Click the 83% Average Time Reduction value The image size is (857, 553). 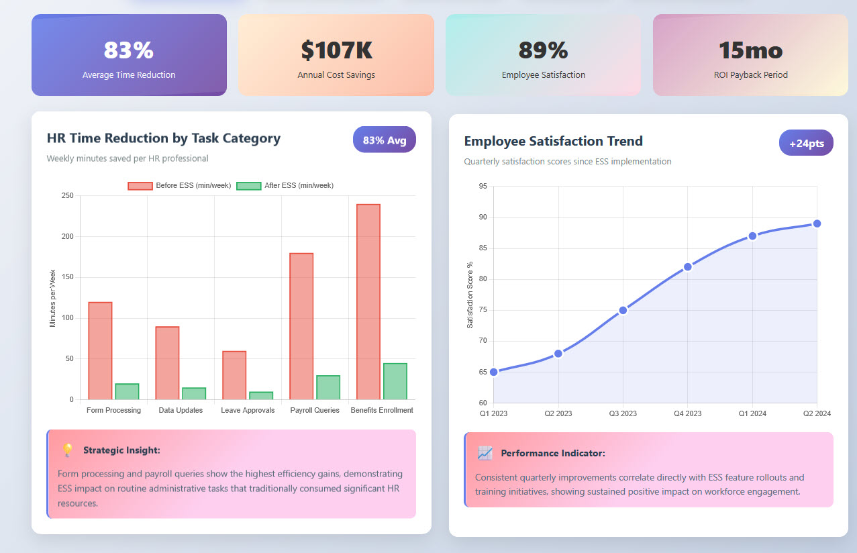(128, 50)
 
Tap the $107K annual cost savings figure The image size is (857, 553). (336, 50)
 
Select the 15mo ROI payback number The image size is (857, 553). (750, 50)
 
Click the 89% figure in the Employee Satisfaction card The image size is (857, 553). (543, 50)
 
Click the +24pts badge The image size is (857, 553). (806, 143)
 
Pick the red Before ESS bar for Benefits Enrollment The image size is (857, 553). (368, 301)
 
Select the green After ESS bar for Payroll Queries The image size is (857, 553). (328, 387)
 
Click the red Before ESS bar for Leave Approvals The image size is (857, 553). (234, 375)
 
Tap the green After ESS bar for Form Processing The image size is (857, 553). (127, 391)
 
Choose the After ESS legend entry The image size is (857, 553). (285, 185)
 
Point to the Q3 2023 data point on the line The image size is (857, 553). (623, 310)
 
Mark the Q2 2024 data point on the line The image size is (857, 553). (817, 223)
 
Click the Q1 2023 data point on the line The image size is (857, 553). (494, 372)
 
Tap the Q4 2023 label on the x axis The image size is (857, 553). (687, 413)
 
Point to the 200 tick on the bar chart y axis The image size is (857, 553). (67, 236)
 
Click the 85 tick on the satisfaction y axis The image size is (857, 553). (483, 248)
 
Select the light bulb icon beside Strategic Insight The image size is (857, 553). (67, 450)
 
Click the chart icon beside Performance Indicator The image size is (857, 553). (485, 453)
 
